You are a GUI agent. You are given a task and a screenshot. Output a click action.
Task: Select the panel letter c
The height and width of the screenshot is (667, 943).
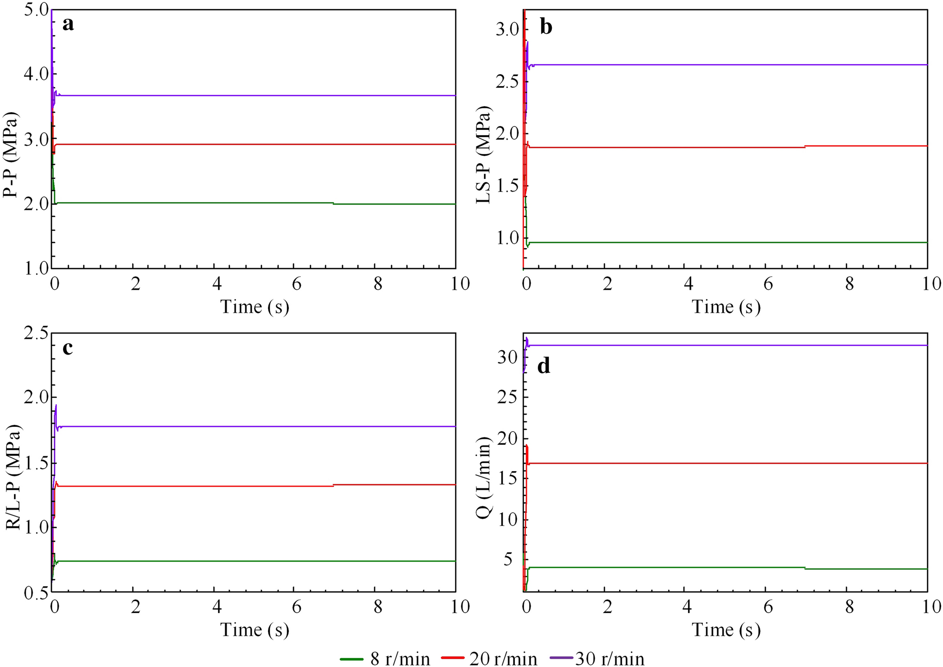(68, 347)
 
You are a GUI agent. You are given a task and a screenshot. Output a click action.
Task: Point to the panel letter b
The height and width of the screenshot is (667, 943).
(546, 27)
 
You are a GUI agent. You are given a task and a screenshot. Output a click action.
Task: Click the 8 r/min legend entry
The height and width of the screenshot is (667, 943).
(385, 658)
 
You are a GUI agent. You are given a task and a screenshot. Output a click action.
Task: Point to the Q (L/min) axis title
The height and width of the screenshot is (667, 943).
(484, 477)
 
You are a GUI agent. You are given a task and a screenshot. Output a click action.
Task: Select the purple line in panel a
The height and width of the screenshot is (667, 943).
(241, 95)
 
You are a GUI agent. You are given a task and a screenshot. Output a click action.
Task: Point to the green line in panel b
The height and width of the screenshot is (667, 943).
(722, 242)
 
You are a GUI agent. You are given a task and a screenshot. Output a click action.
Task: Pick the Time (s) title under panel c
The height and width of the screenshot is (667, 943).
(255, 629)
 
